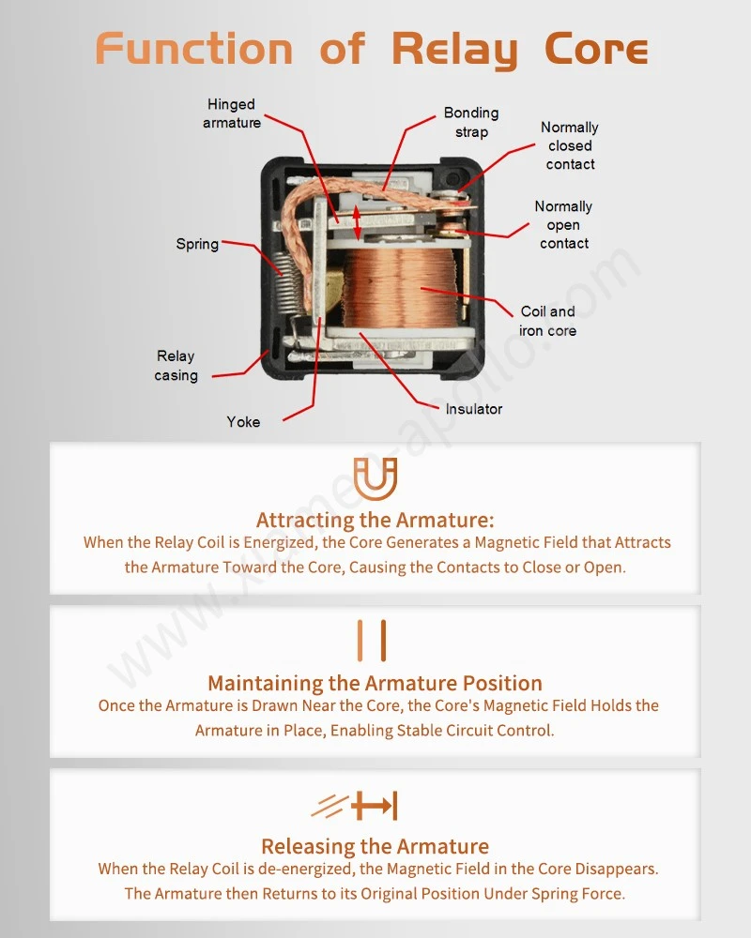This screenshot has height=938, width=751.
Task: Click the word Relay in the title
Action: (x=454, y=50)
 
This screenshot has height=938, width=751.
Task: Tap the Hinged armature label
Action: (x=232, y=113)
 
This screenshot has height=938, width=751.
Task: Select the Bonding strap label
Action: (x=471, y=122)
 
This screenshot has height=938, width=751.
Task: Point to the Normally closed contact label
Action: (x=570, y=145)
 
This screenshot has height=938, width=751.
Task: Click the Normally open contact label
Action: (x=563, y=224)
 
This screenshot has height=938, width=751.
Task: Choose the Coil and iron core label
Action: (x=547, y=321)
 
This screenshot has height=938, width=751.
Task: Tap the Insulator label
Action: (x=474, y=409)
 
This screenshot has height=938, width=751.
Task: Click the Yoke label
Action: (x=243, y=422)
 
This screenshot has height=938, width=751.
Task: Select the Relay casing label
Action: (x=176, y=366)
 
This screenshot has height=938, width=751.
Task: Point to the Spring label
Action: (x=197, y=244)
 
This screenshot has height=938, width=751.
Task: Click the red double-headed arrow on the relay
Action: (x=357, y=222)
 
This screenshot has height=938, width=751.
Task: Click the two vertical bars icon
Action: (x=372, y=641)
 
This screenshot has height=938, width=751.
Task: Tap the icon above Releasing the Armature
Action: (x=355, y=806)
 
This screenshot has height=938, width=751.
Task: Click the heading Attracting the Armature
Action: (x=375, y=520)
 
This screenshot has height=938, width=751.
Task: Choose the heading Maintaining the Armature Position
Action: (x=375, y=683)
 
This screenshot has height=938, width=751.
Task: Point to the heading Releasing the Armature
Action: (x=375, y=846)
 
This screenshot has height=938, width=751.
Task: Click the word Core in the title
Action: (x=596, y=49)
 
